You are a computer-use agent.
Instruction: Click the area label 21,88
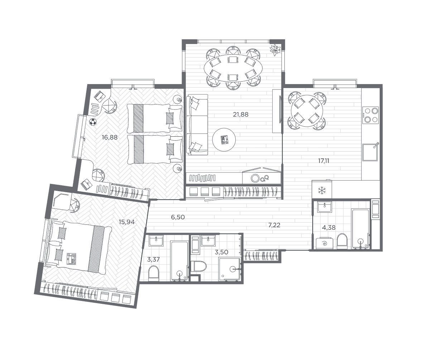(241, 115)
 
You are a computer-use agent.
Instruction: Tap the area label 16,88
(110, 137)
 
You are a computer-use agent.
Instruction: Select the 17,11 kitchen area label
(324, 161)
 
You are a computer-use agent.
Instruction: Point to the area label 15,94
(126, 222)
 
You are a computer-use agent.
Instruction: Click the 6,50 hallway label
(178, 217)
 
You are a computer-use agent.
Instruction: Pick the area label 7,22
(274, 225)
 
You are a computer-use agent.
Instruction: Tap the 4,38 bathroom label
(328, 228)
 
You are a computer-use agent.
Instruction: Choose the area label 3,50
(221, 252)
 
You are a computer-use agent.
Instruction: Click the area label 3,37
(153, 259)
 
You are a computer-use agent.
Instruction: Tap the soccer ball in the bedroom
(93, 122)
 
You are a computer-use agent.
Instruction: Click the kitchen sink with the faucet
(370, 152)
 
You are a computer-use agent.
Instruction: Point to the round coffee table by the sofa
(224, 140)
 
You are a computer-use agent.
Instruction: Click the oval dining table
(234, 68)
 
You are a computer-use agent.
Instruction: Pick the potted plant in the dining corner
(275, 50)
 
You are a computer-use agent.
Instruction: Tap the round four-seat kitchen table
(307, 111)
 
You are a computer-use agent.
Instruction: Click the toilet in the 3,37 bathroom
(154, 273)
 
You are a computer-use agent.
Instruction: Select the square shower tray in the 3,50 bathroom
(230, 269)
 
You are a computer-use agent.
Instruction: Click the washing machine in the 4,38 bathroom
(325, 243)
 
